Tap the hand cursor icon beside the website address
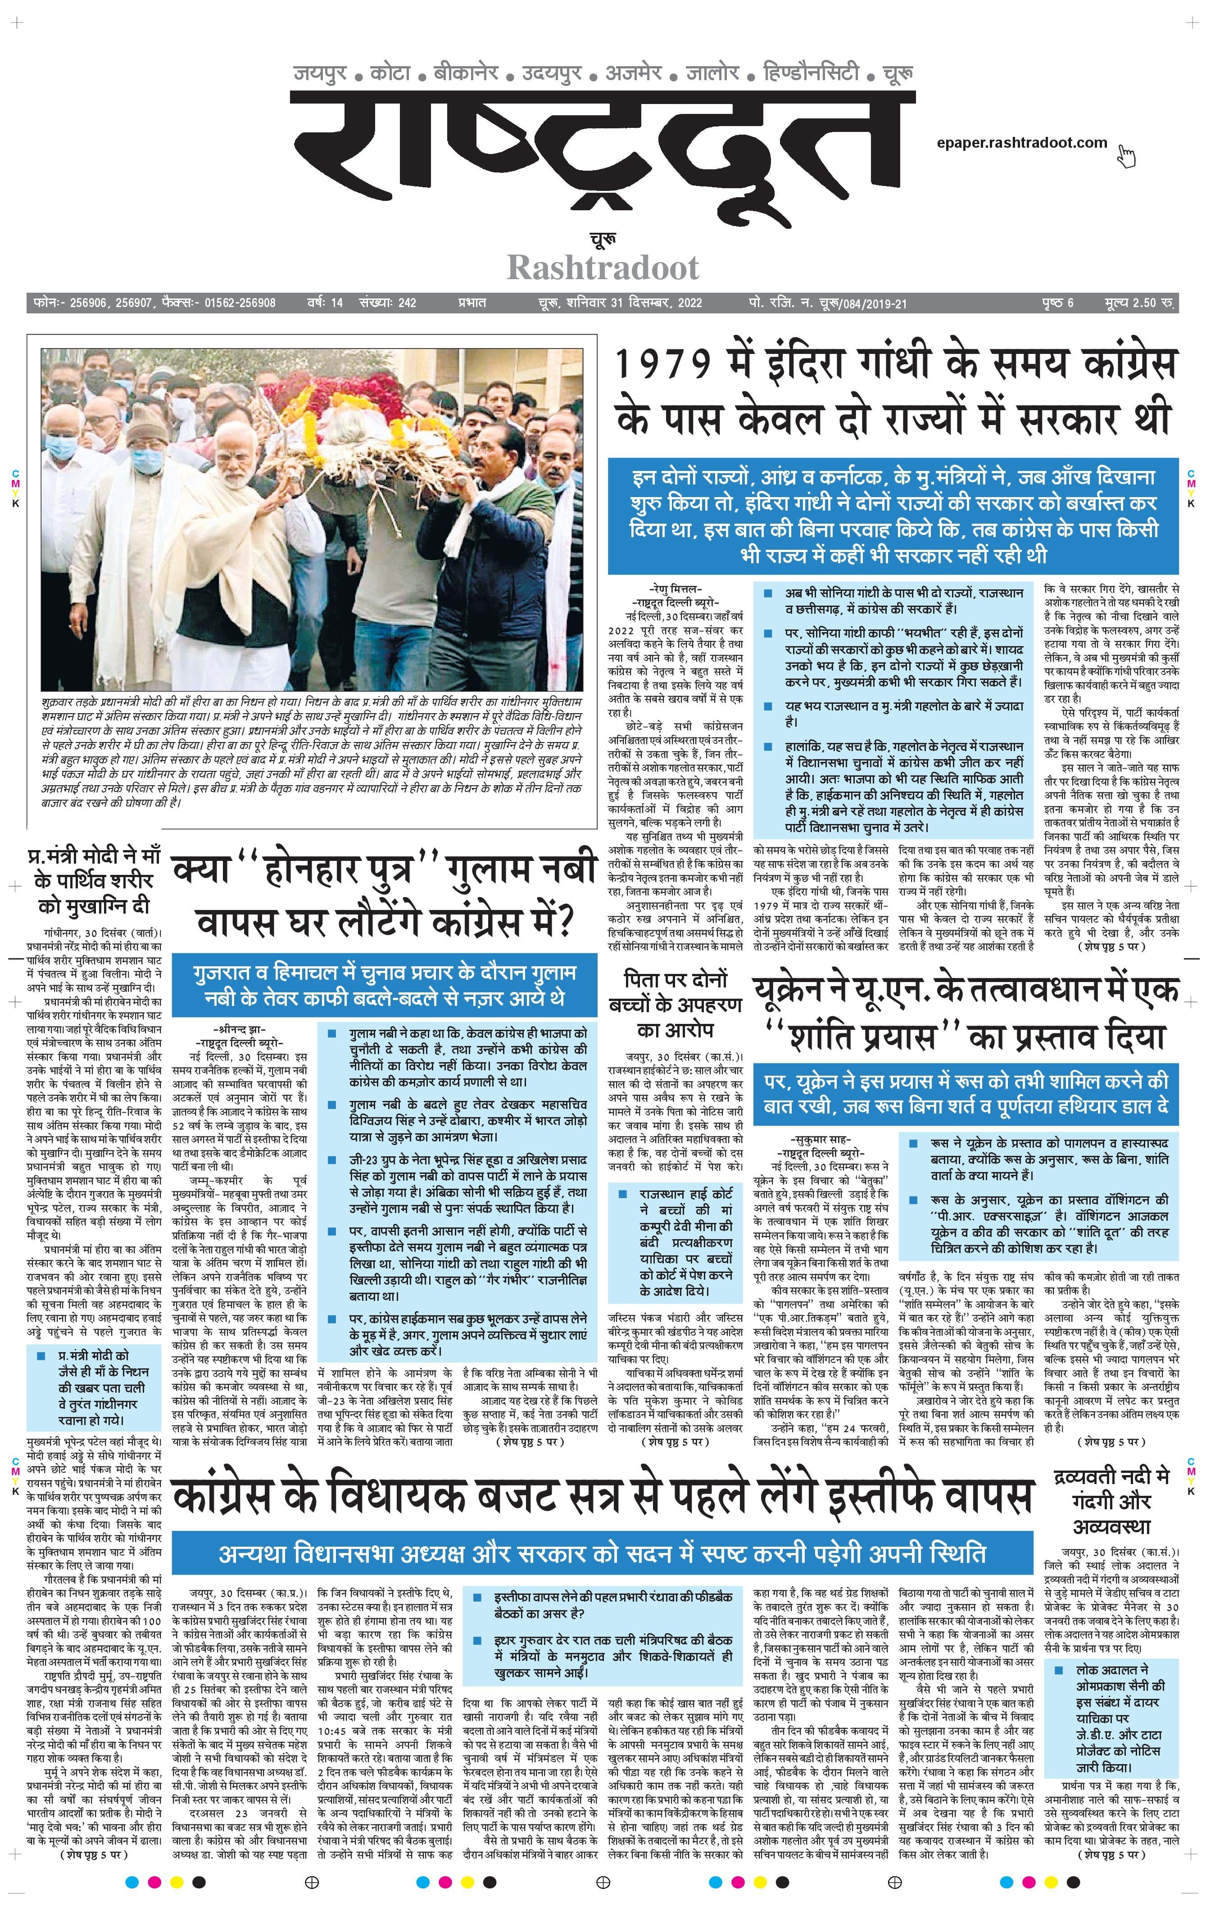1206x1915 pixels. tap(1126, 157)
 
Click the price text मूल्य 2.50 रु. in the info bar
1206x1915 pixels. tap(1140, 303)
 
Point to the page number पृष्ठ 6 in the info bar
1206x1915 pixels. tap(1058, 303)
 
